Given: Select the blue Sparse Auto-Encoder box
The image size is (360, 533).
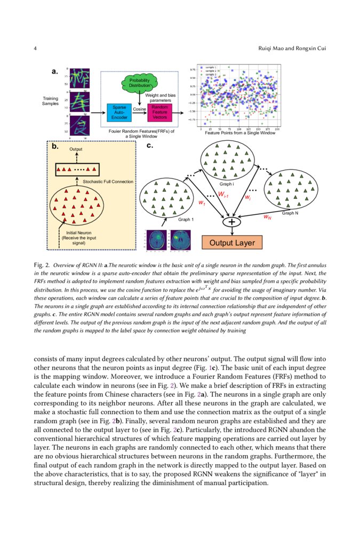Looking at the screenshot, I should point(119,112).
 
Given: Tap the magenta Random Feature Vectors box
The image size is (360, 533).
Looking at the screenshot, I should point(159,112).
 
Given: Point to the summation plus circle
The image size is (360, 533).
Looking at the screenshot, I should point(231,222).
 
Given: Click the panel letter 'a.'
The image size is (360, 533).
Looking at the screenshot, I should point(54,70).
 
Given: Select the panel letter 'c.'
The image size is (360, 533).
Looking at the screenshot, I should point(149,146).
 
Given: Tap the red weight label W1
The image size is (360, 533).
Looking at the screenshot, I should point(201,203).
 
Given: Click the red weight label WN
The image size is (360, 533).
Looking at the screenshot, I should point(267,217).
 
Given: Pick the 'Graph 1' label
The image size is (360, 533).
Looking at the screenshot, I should point(186,219).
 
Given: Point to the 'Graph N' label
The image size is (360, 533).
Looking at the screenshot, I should point(290,213).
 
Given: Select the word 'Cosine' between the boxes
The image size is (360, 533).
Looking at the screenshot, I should point(140,109).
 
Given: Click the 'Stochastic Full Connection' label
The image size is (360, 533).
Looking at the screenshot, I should point(108,182).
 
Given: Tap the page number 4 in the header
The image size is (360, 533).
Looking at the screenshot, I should point(35,49).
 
